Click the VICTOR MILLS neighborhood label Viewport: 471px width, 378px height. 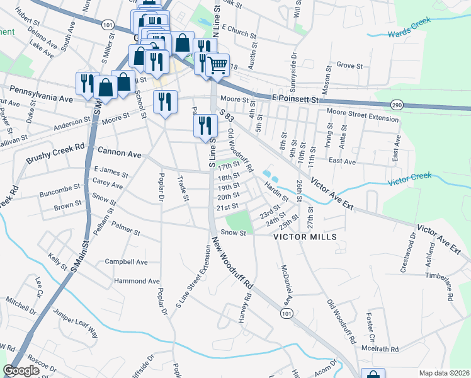(305, 237)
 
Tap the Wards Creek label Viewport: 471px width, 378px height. (409, 26)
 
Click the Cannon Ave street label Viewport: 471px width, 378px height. (120, 152)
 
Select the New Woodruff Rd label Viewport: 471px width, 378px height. (233, 265)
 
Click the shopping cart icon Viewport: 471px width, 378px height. (217, 65)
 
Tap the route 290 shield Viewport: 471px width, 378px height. (396, 104)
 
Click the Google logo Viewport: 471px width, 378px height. (21, 370)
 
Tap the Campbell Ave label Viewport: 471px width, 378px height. (126, 261)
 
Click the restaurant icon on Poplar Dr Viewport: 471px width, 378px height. (165, 102)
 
